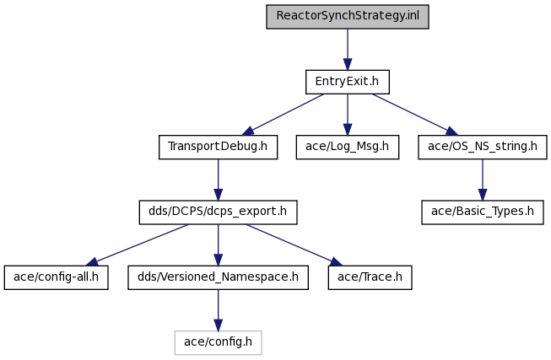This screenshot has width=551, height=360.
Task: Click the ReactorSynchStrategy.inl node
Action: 347,17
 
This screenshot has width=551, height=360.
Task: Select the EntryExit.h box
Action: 347,82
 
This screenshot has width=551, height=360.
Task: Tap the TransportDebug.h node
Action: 218,147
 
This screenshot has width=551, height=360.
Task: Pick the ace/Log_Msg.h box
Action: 347,147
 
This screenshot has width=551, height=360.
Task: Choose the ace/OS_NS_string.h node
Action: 483,147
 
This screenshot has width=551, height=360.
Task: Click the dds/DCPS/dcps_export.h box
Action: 218,212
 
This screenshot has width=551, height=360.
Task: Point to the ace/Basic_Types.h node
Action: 483,212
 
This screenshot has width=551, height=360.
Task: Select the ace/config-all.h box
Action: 56,277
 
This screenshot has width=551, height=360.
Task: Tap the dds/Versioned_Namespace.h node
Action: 218,277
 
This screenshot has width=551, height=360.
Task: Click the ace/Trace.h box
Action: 370,277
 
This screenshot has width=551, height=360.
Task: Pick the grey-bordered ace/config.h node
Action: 218,342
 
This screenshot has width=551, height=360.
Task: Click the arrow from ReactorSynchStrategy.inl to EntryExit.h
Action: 348,50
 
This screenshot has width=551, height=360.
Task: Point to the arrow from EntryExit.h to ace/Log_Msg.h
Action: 348,115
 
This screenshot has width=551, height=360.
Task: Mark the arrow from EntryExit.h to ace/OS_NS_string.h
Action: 415,115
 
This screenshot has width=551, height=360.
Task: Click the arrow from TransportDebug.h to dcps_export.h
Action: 219,180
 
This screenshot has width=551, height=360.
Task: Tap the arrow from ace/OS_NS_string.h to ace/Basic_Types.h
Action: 483,180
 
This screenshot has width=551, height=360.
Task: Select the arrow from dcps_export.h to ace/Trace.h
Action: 294,244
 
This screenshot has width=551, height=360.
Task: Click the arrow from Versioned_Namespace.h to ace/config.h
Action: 219,310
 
